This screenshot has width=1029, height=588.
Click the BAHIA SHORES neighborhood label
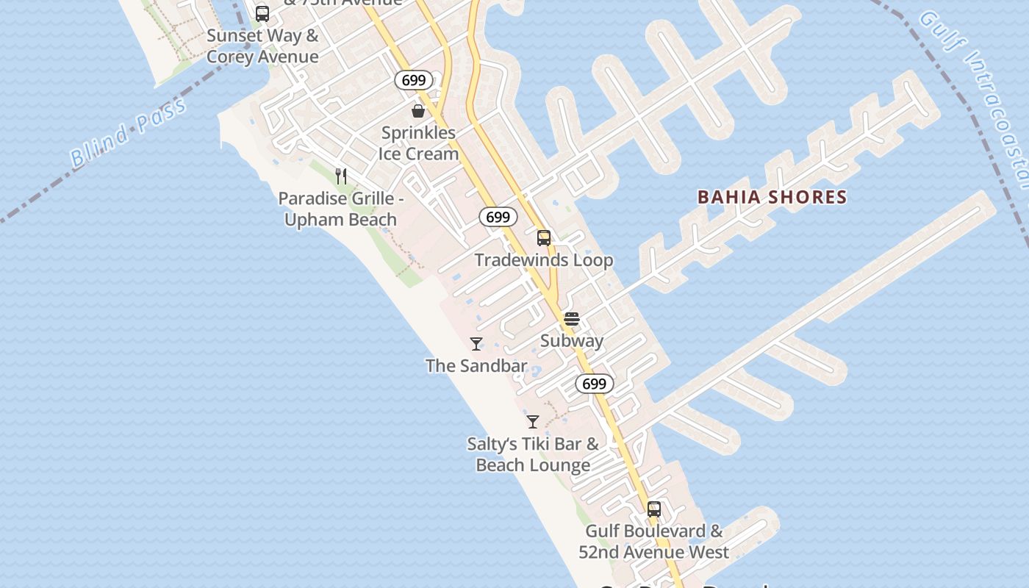(x=772, y=197)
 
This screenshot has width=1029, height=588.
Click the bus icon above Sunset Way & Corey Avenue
(x=262, y=13)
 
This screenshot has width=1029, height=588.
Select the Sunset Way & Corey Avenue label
(x=262, y=46)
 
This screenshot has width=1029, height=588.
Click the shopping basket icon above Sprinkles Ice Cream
(x=418, y=111)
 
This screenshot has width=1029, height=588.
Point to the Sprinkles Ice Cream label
(x=418, y=143)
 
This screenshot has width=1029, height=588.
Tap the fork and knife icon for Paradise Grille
(x=341, y=176)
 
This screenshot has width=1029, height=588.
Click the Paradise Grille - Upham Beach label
(x=341, y=209)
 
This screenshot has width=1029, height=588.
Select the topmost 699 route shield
(x=414, y=80)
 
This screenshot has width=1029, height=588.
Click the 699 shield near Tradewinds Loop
(x=498, y=217)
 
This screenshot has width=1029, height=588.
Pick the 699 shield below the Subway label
(x=594, y=384)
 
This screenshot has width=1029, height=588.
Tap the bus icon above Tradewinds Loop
(x=544, y=238)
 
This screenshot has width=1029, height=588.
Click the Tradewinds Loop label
(x=544, y=260)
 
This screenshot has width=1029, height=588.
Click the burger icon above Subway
(x=572, y=319)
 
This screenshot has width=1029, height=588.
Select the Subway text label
(x=572, y=341)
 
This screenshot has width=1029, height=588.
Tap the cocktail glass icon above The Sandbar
(x=476, y=343)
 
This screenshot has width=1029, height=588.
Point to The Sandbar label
(x=476, y=365)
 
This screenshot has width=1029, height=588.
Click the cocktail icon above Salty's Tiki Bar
(x=533, y=422)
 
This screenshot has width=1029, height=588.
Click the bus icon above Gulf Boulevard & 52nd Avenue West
(x=654, y=509)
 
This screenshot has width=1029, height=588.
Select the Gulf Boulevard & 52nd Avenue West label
(x=654, y=542)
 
